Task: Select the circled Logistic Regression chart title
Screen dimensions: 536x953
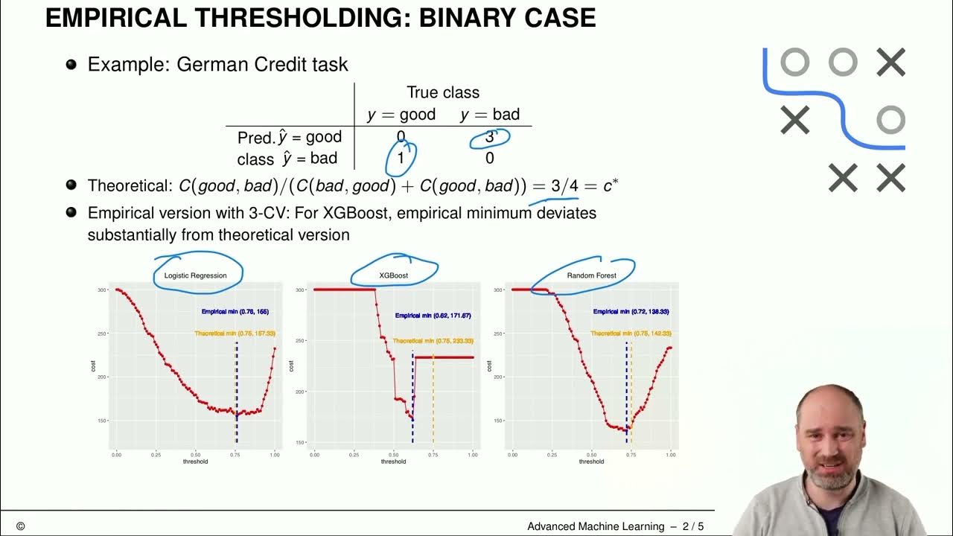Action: pyautogui.click(x=195, y=275)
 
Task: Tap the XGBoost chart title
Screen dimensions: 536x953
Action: pyautogui.click(x=393, y=275)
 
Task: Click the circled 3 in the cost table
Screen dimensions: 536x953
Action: pyautogui.click(x=490, y=137)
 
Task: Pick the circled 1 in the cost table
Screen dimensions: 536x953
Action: pyautogui.click(x=401, y=158)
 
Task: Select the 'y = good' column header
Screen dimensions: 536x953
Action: pyautogui.click(x=402, y=115)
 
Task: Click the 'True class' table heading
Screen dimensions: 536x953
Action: pyautogui.click(x=443, y=92)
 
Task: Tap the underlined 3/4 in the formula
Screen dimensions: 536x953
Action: pyautogui.click(x=564, y=186)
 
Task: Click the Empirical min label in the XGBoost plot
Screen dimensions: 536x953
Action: pyautogui.click(x=433, y=316)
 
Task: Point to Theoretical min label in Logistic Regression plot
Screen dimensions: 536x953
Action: pyautogui.click(x=235, y=334)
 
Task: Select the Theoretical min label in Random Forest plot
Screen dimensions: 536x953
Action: pyautogui.click(x=631, y=334)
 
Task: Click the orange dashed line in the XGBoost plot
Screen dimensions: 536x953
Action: pyautogui.click(x=433, y=402)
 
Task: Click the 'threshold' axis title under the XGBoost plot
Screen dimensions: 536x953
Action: pyautogui.click(x=393, y=462)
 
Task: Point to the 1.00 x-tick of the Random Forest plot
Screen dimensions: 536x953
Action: pyautogui.click(x=670, y=453)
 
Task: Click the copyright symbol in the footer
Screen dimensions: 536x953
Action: pyautogui.click(x=20, y=526)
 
